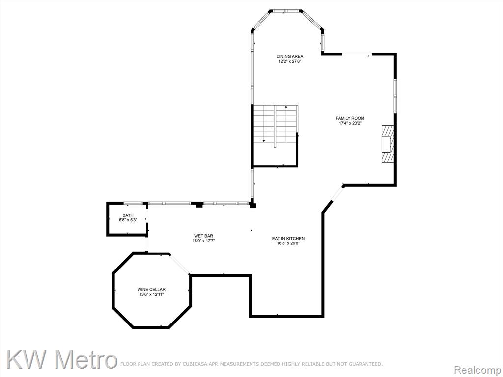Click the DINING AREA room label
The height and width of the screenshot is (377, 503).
tap(290, 57)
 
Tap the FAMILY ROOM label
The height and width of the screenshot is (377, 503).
tap(350, 118)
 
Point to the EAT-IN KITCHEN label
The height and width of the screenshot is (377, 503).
tap(288, 239)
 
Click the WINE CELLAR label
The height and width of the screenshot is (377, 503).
tap(151, 290)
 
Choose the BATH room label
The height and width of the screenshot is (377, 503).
tap(128, 215)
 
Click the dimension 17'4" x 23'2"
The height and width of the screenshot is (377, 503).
tap(350, 123)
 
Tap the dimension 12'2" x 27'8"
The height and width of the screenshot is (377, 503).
tap(290, 61)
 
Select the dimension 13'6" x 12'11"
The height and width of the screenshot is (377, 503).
tap(151, 295)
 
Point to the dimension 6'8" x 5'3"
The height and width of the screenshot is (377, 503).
tap(128, 220)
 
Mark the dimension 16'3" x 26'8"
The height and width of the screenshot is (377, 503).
tap(288, 243)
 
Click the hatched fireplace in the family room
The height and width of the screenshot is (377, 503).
tap(387, 144)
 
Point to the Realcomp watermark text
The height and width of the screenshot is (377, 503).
tap(477, 370)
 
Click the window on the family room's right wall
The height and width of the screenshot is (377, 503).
tap(395, 96)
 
